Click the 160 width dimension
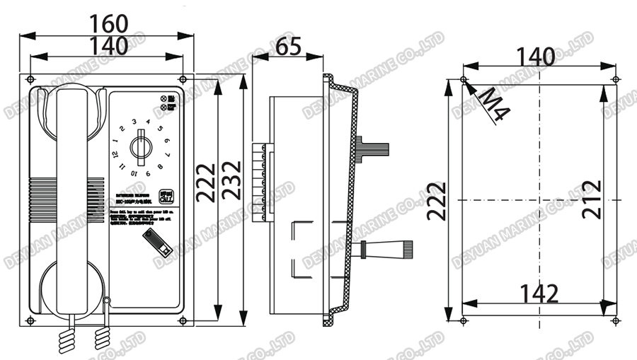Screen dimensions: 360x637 click(109, 23)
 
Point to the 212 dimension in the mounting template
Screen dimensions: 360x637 click(591, 200)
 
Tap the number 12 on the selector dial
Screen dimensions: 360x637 click(115, 153)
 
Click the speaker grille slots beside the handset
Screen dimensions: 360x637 click(40, 199)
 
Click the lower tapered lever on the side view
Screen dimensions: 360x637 click(386, 248)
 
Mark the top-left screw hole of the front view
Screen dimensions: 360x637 click(30, 79)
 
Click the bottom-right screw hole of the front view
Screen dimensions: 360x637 click(183, 321)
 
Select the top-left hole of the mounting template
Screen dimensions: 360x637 click(463, 79)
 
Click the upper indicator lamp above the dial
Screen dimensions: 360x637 click(163, 98)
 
